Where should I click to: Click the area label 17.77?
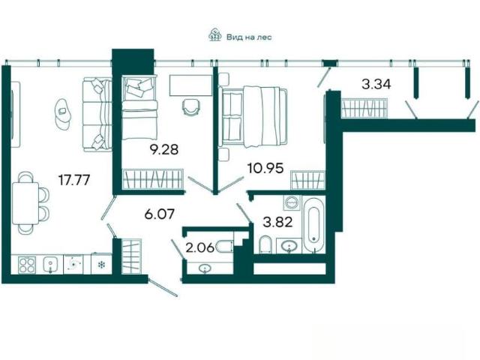(74, 180)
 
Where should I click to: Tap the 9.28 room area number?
(163, 150)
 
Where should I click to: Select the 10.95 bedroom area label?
(265, 168)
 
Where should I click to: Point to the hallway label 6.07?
(160, 214)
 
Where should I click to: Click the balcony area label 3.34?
(376, 84)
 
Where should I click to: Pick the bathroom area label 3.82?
(278, 222)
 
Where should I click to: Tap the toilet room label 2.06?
(200, 247)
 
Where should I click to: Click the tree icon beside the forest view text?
(215, 34)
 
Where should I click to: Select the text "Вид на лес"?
(249, 37)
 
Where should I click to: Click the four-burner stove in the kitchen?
(27, 265)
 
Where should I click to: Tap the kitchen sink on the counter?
(51, 265)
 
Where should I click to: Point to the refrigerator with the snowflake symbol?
(101, 263)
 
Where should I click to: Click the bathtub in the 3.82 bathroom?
(313, 224)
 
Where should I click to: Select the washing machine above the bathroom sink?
(292, 202)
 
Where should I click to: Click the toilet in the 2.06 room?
(225, 247)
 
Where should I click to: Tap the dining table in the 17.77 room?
(25, 203)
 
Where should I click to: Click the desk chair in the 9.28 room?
(192, 107)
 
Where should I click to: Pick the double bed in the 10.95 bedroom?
(253, 117)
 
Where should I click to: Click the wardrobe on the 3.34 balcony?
(364, 108)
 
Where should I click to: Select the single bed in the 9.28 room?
(139, 108)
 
